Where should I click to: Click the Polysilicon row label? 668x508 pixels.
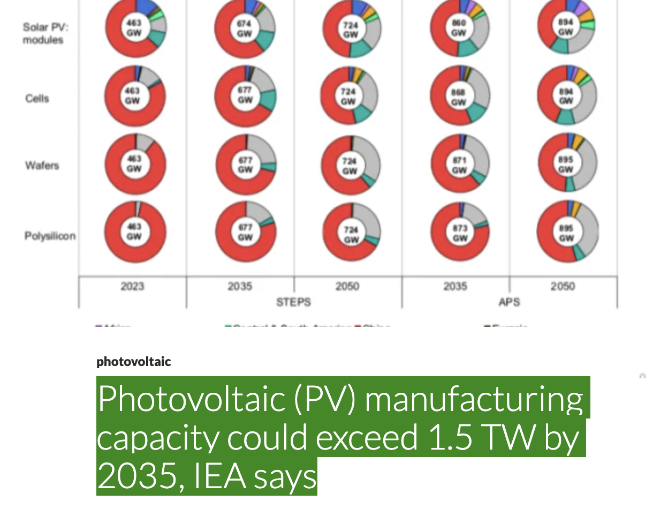tap(50, 236)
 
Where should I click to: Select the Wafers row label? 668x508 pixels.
tap(42, 165)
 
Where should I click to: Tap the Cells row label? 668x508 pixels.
tap(37, 99)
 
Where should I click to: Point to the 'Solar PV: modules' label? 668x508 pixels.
tap(43, 33)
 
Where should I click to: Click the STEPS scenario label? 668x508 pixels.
tap(293, 302)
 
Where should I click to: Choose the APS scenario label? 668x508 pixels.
tap(509, 302)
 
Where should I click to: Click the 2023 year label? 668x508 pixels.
tap(132, 286)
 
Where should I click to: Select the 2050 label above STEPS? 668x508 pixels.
tap(347, 286)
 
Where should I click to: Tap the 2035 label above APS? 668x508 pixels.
tap(455, 286)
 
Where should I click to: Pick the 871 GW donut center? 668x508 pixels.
tap(459, 165)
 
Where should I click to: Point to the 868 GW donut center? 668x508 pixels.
tap(458, 97)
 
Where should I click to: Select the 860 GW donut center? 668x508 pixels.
tap(459, 27)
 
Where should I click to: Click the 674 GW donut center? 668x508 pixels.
tap(245, 28)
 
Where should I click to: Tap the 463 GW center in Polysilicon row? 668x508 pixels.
tap(134, 231)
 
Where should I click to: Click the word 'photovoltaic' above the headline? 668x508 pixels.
tap(133, 362)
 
